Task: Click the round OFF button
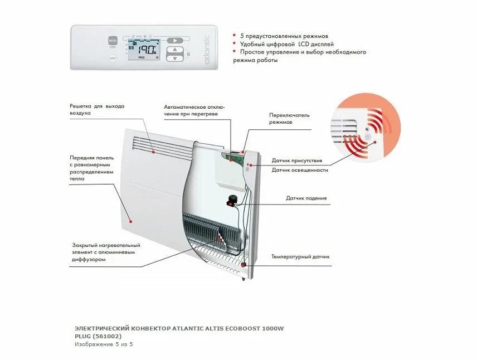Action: pos(113,57)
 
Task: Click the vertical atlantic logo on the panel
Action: pos(207,51)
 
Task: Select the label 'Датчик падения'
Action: pos(306,198)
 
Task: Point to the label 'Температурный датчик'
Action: pos(300,257)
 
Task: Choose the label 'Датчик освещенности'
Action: pos(300,170)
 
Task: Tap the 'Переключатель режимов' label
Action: pos(289,118)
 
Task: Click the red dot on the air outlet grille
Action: pos(153,150)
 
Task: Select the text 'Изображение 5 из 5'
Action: pos(104,344)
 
